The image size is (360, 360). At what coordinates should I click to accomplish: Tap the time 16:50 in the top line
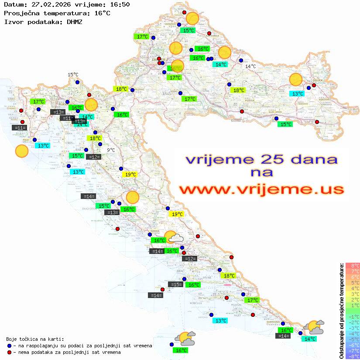tap(118, 5)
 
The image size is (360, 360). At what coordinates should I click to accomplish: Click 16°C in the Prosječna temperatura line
tap(102, 13)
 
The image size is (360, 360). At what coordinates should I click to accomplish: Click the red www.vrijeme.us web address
tap(261, 189)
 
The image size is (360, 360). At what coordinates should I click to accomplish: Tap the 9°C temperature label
tap(111, 150)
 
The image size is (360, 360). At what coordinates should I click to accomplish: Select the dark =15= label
tap(176, 285)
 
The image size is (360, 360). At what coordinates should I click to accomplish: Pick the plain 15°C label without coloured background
tap(73, 75)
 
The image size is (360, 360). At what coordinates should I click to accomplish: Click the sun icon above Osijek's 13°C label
tap(296, 80)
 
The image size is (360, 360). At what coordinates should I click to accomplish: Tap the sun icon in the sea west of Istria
tap(21, 151)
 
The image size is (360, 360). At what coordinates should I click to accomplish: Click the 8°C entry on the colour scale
tap(352, 266)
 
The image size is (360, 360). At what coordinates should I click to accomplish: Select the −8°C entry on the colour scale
tap(352, 357)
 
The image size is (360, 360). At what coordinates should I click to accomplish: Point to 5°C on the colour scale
tap(352, 283)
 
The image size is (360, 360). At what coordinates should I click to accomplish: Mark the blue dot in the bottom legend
tap(10, 346)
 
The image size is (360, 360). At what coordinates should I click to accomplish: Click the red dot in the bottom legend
tap(10, 352)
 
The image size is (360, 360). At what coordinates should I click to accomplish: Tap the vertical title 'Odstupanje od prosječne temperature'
tap(341, 311)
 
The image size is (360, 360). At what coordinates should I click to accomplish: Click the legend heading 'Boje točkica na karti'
tap(35, 339)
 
